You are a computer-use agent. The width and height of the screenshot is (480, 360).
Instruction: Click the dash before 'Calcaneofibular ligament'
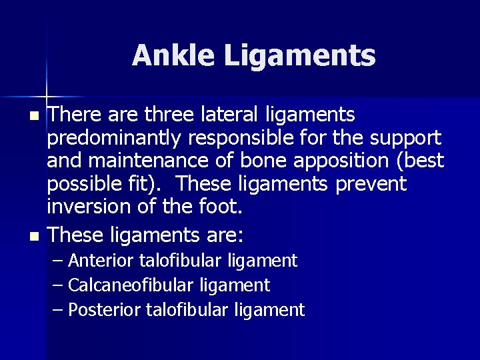click(58, 285)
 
